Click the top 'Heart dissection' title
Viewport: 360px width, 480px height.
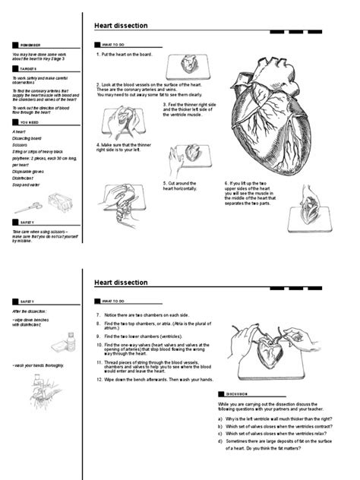121,26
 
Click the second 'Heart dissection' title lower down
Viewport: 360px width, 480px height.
121,283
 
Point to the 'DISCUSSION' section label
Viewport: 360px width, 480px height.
238,394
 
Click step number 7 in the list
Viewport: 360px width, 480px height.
98,314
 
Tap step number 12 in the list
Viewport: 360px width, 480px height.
99,379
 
